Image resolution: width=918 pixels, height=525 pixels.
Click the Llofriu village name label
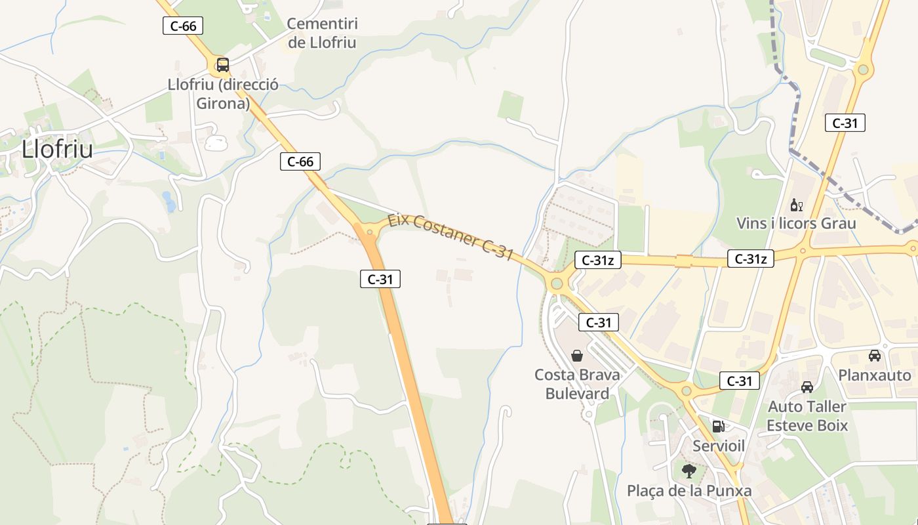(x=57, y=150)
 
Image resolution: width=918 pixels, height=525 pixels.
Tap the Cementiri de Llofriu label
(x=322, y=33)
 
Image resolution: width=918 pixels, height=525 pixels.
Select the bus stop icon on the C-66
(x=222, y=64)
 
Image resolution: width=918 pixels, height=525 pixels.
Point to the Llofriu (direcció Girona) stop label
(x=223, y=94)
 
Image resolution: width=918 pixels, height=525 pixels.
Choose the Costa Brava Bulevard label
(x=577, y=384)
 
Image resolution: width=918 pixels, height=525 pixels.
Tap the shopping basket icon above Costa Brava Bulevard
(x=577, y=356)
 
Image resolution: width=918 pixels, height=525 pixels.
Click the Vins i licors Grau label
(x=796, y=223)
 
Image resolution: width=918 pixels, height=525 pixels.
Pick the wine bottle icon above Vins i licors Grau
(x=796, y=205)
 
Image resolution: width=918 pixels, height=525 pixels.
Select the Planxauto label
(x=875, y=375)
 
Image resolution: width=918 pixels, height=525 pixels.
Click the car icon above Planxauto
(x=874, y=356)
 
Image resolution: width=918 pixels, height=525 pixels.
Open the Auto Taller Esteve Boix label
(x=807, y=416)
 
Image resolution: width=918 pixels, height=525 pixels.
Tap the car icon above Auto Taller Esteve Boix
(x=807, y=387)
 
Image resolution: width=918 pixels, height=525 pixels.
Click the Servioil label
(x=719, y=446)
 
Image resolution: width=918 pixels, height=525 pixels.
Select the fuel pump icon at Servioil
(x=718, y=426)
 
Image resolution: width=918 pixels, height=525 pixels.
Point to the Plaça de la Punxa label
(x=688, y=491)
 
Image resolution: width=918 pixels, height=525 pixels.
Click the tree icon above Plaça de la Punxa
(x=688, y=471)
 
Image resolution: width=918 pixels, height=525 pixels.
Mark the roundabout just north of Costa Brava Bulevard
(x=557, y=283)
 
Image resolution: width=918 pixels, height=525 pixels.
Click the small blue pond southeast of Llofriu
(x=170, y=202)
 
